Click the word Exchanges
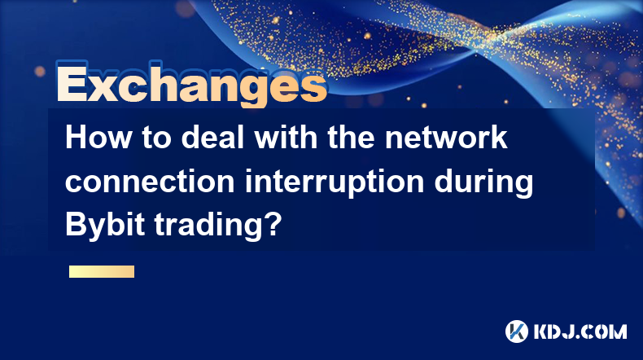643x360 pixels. tap(192, 84)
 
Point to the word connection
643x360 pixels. tap(150, 182)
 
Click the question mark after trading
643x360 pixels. tap(273, 224)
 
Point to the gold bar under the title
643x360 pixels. tap(102, 271)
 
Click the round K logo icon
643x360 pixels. tap(517, 331)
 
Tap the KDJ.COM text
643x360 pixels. tap(580, 331)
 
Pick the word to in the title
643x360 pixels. tap(156, 138)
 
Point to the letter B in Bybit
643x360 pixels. tap(74, 225)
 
